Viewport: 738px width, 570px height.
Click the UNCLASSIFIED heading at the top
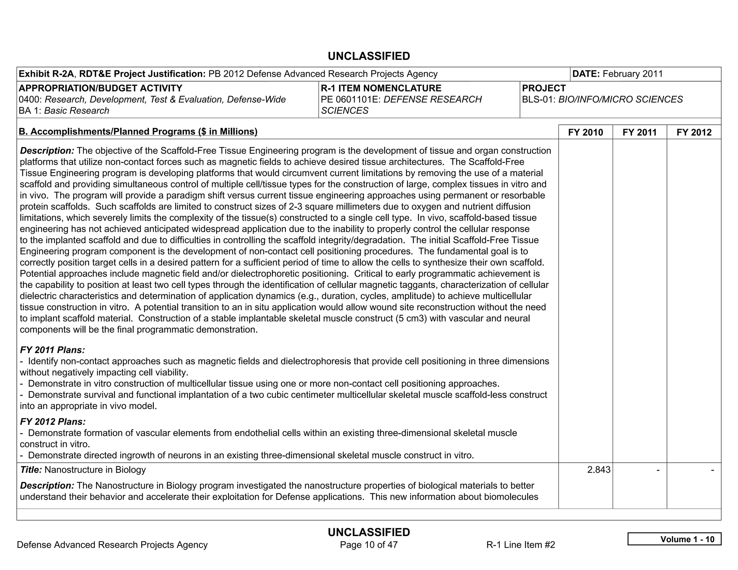(369, 56)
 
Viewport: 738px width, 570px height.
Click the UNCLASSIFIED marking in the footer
(369, 532)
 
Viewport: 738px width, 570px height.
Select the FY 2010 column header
(585, 132)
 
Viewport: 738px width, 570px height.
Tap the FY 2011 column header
(639, 132)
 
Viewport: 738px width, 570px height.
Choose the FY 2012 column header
(694, 132)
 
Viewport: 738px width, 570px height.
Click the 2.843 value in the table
(599, 470)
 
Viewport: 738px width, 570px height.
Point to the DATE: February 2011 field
(617, 74)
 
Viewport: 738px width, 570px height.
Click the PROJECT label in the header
(544, 88)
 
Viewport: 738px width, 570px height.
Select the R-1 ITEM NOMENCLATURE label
(381, 88)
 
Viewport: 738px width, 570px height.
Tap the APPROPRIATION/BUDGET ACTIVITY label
(101, 88)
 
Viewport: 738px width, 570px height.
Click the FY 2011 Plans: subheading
(53, 350)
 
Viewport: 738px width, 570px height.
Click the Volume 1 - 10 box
(674, 539)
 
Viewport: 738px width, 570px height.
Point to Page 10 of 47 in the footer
(369, 545)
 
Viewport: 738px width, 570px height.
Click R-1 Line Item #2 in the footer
(520, 545)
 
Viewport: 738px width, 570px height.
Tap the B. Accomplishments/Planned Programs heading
(138, 132)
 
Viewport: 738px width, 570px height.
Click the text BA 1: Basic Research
(64, 111)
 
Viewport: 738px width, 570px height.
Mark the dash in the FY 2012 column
(712, 470)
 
